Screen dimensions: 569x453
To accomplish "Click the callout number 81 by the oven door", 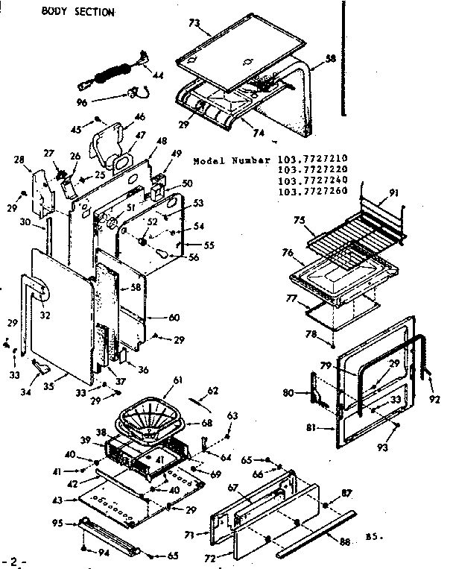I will point(311,428).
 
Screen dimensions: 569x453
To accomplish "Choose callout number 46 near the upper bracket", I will point(139,117).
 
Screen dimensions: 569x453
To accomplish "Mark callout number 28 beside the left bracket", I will point(19,160).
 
